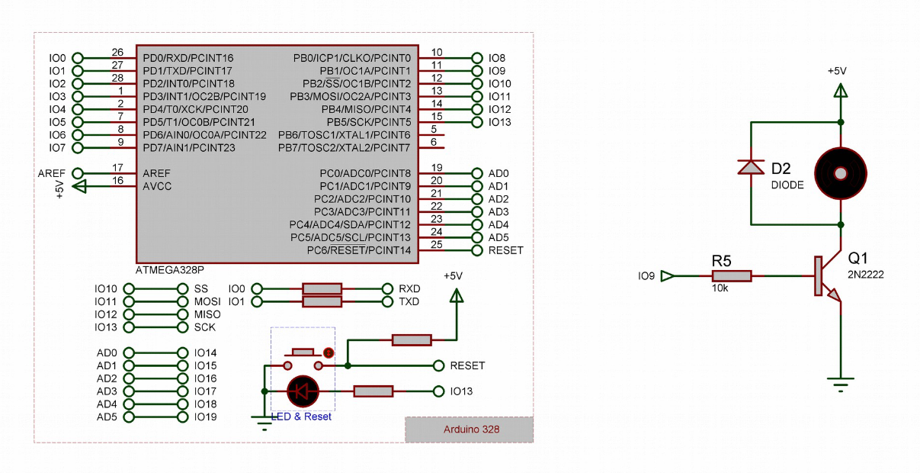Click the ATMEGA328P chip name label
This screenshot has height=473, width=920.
[x=169, y=270]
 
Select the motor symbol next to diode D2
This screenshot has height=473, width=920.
[x=841, y=173]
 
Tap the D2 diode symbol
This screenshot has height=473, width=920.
[x=751, y=166]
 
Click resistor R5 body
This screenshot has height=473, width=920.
[x=732, y=275]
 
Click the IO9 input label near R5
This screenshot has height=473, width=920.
[x=647, y=275]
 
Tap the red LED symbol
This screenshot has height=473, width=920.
[x=303, y=391]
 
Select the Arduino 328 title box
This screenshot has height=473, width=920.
[x=471, y=430]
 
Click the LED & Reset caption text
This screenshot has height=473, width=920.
[x=302, y=417]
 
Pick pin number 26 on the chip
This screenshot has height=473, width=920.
[x=117, y=53]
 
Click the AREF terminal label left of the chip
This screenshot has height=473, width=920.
[x=52, y=173]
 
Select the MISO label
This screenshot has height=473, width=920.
[x=207, y=314]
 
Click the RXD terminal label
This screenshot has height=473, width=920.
[x=409, y=289]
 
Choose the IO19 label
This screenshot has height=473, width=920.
[x=206, y=417]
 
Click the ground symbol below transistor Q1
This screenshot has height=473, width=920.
[x=841, y=384]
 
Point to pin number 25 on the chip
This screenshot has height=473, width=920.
[x=437, y=244]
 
